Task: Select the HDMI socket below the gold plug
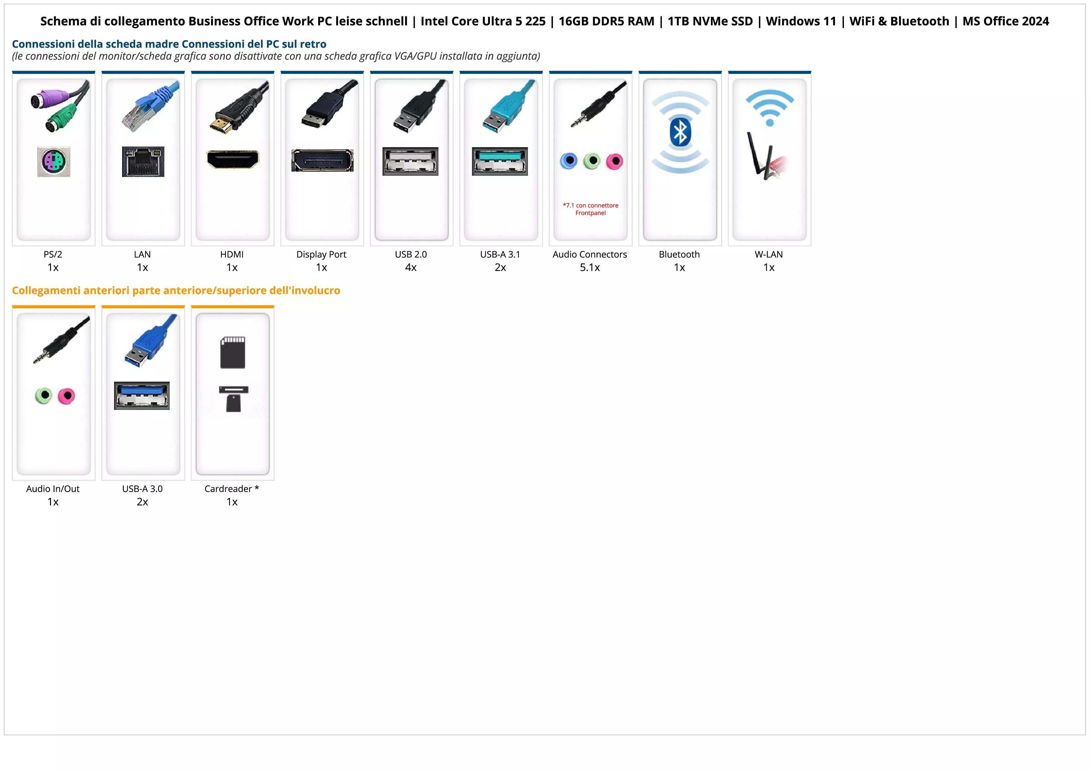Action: [x=233, y=160]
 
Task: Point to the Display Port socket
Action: [x=322, y=160]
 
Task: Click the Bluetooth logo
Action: [x=680, y=132]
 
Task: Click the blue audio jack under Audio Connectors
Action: [x=569, y=161]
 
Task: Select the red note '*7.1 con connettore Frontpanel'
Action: [x=591, y=209]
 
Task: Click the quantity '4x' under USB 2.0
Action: [x=411, y=267]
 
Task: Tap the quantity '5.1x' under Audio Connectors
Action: [x=590, y=267]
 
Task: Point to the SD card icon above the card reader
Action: [x=233, y=352]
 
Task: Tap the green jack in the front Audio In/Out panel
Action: [x=44, y=395]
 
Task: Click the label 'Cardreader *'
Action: [x=232, y=489]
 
